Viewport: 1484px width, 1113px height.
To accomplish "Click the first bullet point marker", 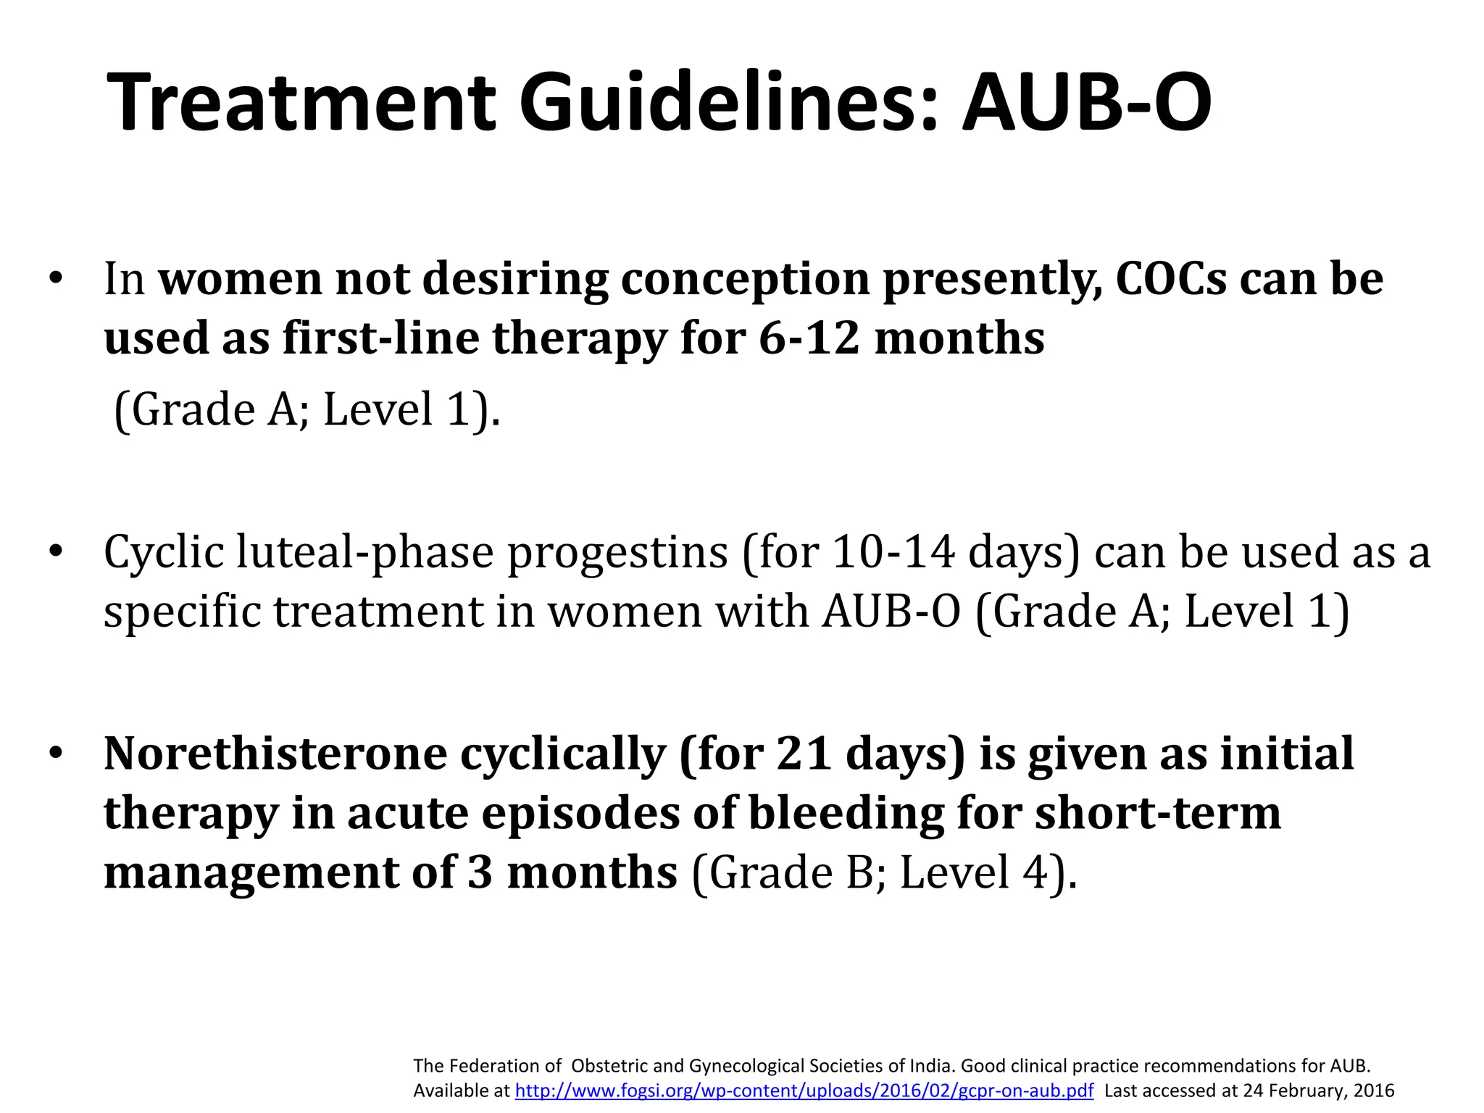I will click(57, 279).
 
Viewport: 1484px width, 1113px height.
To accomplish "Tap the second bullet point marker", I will click(57, 553).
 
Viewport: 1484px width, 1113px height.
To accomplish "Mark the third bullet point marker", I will click(57, 754).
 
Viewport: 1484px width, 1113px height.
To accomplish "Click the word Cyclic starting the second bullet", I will click(164, 553).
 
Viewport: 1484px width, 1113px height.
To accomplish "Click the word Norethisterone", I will click(275, 754).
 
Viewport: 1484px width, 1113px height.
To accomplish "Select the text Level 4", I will click(974, 872).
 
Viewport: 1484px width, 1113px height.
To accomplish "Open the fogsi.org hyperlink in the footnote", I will click(804, 1091).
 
